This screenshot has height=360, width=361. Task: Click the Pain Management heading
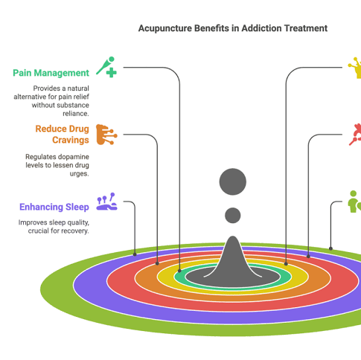51,73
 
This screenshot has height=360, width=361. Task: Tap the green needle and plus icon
106,67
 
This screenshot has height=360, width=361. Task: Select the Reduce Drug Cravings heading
63,135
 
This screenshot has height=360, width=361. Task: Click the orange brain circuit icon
106,135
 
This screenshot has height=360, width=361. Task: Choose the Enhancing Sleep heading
54,207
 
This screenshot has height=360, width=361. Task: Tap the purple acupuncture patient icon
106,202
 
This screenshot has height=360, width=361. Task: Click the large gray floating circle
233,181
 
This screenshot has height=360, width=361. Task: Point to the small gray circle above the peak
233,215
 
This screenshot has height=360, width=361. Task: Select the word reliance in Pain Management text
76,114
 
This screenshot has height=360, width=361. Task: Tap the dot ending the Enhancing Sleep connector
135,254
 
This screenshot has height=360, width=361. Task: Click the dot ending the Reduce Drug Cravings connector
157,263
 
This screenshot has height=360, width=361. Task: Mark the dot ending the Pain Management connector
179,271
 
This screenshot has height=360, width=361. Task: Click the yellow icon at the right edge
355,68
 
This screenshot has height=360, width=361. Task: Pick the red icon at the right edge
355,135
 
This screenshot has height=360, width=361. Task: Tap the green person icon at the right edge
355,202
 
